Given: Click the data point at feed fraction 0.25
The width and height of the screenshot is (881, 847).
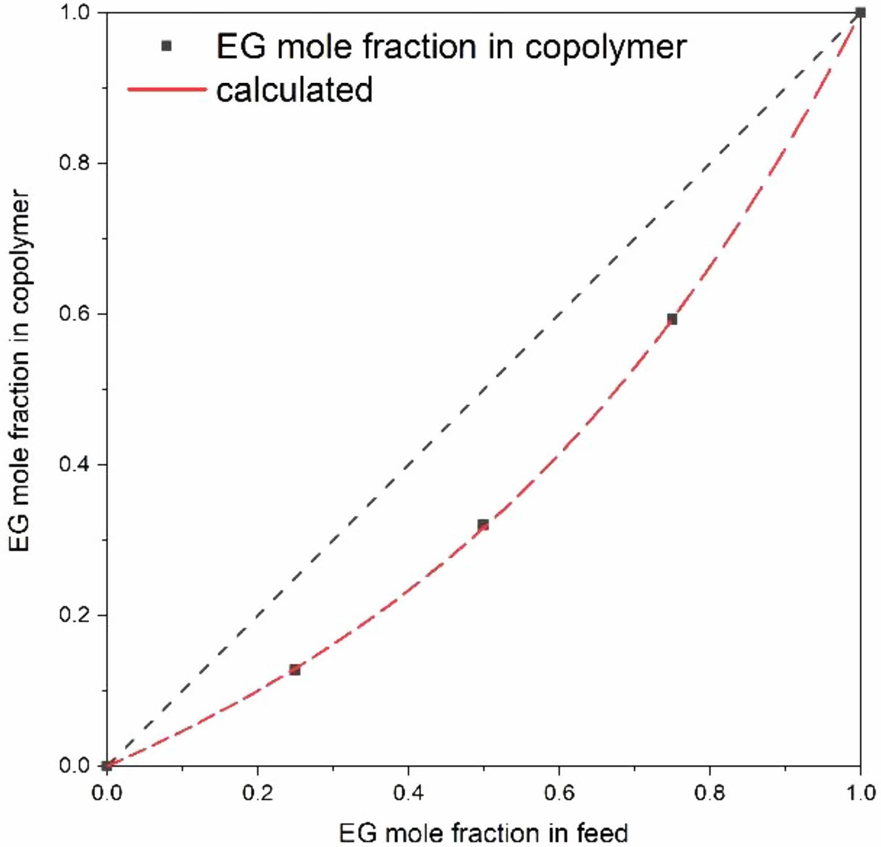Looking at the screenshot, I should [x=295, y=669].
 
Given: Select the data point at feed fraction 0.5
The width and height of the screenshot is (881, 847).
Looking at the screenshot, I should [x=483, y=524].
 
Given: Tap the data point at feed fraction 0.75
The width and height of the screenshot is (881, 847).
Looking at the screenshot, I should [x=672, y=319].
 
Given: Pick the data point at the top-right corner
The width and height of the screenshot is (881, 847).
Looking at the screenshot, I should [x=860, y=13].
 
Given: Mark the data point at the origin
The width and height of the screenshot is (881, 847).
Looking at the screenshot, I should [x=107, y=766].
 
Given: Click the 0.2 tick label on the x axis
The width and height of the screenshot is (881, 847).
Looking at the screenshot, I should [x=257, y=793].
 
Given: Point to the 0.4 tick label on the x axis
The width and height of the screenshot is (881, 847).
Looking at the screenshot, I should [x=408, y=793].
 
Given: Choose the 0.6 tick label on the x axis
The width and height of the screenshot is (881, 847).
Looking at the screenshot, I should [x=559, y=793].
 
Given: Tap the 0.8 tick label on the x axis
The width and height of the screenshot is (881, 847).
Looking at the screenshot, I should [x=709, y=793].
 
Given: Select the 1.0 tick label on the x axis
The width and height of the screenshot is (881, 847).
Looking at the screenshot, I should [x=860, y=793].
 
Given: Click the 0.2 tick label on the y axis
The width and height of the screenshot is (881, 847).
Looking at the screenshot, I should [x=75, y=615].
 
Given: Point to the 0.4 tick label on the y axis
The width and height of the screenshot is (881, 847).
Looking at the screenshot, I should [x=75, y=464].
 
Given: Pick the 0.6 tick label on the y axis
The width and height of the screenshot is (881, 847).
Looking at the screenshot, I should [x=75, y=314].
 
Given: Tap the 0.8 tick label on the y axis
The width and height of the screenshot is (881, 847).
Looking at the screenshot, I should [x=75, y=163].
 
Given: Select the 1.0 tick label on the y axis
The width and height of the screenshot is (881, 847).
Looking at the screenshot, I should [x=75, y=13].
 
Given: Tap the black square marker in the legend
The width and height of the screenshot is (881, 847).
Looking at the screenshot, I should [x=167, y=46].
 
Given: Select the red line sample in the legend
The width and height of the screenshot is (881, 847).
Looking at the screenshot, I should [x=167, y=89].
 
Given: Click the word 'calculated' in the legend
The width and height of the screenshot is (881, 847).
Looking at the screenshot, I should [x=294, y=91].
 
